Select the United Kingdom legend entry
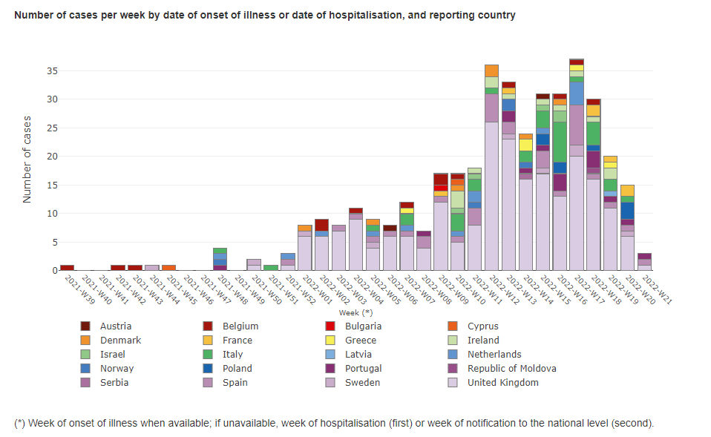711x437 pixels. click(x=502, y=383)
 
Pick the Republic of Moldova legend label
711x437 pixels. click(x=511, y=369)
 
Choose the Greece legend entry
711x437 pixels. click(x=360, y=341)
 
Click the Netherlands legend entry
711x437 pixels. click(x=494, y=355)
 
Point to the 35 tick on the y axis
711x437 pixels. click(x=51, y=71)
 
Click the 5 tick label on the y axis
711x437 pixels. click(x=54, y=242)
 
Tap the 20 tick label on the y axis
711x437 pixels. click(x=51, y=157)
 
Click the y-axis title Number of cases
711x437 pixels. click(x=27, y=158)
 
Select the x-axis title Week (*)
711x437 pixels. click(x=355, y=312)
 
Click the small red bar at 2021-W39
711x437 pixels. click(x=68, y=268)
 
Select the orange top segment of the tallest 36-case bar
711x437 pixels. click(x=491, y=70)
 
